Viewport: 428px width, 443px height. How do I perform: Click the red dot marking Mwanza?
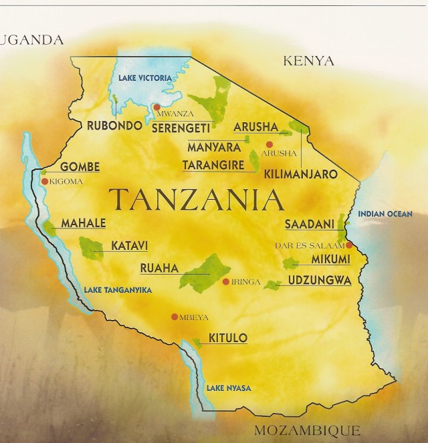pos(156,107)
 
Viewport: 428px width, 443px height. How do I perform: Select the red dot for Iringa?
pos(225,281)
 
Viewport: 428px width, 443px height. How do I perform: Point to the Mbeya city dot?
pos(175,317)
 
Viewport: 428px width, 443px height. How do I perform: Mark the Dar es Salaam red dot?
pos(349,245)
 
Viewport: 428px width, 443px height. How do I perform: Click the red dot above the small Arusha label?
pos(270,144)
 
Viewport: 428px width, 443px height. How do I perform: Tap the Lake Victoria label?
pos(144,78)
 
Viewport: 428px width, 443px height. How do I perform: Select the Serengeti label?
pos(181,126)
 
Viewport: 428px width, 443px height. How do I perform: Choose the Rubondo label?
pos(115,126)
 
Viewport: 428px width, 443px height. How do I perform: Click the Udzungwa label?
pos(319,281)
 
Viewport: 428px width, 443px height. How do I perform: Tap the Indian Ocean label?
pos(385,214)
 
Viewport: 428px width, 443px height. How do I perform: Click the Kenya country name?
pos(308,61)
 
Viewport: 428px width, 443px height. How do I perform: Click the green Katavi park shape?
pos(91,249)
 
